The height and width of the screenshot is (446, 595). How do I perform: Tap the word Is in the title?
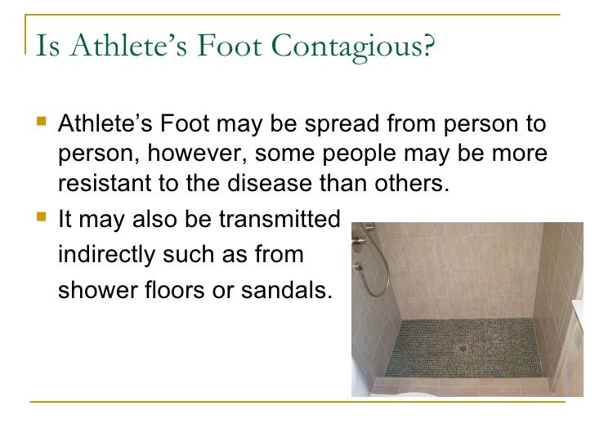pos(45,47)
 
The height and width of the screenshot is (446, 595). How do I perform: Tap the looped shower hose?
pos(374,261)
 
